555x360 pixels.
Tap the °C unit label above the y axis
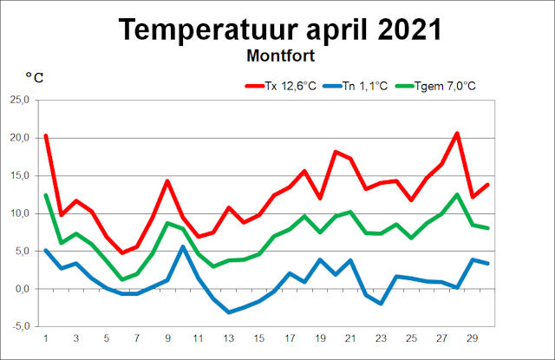pos(34,78)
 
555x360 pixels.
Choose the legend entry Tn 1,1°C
pos(365,86)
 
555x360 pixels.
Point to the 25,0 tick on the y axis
pos(18,101)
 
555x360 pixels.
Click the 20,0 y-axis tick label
pos(18,138)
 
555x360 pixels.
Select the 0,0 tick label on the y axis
pos(20,289)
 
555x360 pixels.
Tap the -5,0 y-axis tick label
pos(19,326)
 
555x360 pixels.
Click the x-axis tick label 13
pos(228,338)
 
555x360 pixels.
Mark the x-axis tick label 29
pos(472,338)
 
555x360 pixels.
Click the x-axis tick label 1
pos(46,338)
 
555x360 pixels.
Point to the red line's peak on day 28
pos(456,133)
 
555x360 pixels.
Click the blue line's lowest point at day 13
pos(228,312)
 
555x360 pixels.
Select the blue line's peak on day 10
pos(182,246)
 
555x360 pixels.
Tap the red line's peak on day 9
pos(167,180)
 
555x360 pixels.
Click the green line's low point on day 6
pos(121,279)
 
